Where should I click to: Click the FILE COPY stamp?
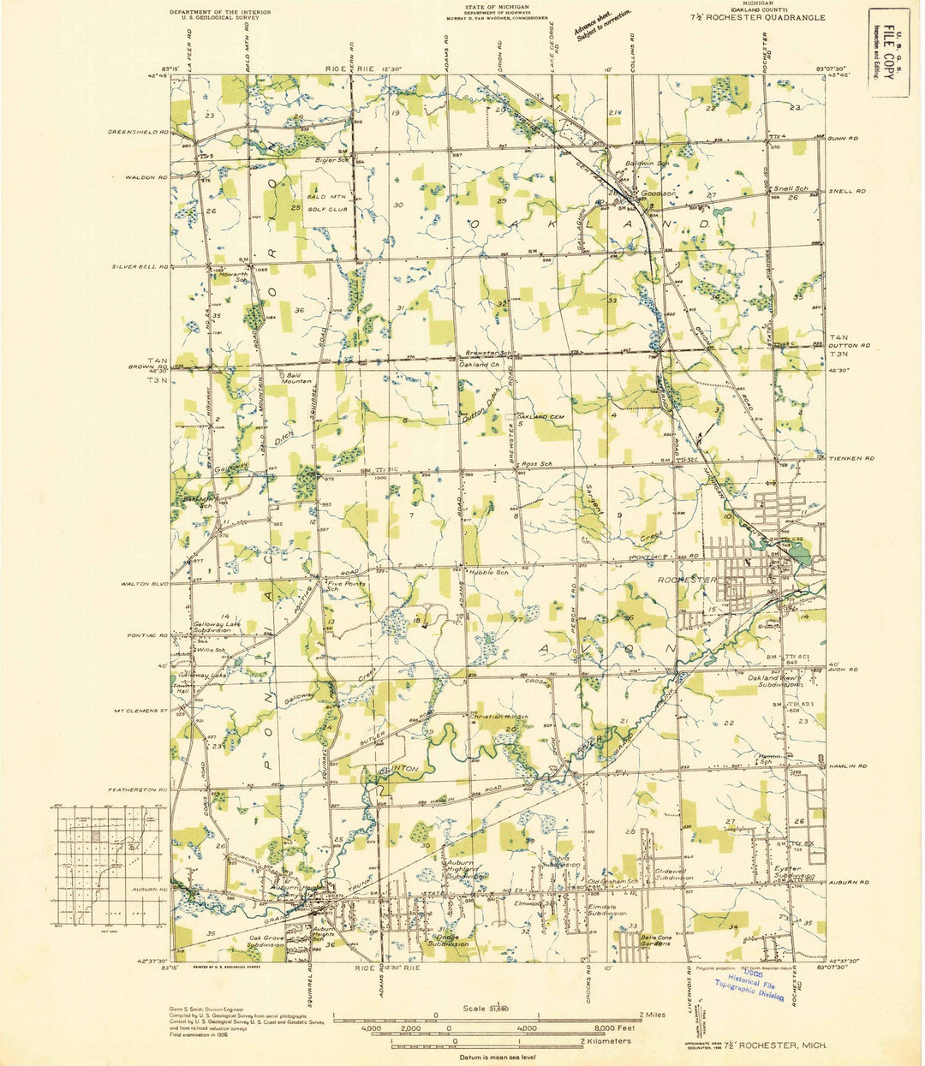click(x=881, y=57)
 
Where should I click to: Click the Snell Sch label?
click(x=791, y=188)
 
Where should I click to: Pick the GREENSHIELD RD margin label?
click(x=137, y=132)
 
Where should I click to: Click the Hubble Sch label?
click(x=486, y=572)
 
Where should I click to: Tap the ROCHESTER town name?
click(x=686, y=580)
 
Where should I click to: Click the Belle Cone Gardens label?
click(x=661, y=940)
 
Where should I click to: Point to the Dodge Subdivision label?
click(x=449, y=939)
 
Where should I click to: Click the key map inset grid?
click(x=108, y=866)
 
